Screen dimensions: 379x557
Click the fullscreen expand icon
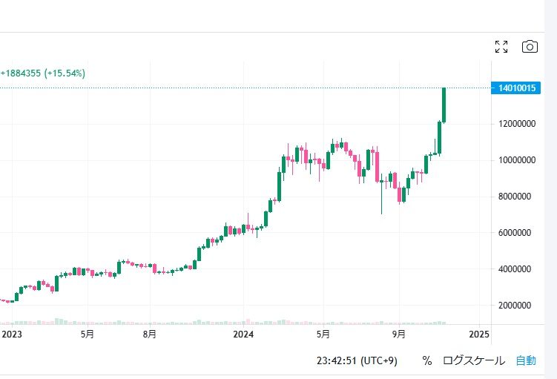click(x=501, y=47)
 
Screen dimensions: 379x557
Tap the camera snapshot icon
click(x=530, y=47)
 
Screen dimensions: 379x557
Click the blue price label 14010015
click(x=514, y=89)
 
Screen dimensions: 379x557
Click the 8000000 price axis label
click(x=517, y=197)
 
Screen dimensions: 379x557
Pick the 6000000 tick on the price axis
click(x=517, y=233)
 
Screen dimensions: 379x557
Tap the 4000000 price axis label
click(x=517, y=269)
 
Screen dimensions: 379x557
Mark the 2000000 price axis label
click(x=517, y=306)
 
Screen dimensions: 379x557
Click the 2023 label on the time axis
click(x=12, y=334)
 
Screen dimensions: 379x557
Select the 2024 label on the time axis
click(x=243, y=334)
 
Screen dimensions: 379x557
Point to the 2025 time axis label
click(x=479, y=334)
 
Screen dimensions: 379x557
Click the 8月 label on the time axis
click(x=149, y=334)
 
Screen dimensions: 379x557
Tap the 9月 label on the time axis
click(x=399, y=334)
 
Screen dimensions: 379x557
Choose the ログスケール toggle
click(x=474, y=361)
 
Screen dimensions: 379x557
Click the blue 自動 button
click(x=526, y=361)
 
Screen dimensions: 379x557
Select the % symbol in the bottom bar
click(x=427, y=361)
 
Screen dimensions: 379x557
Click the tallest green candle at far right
click(x=444, y=104)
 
